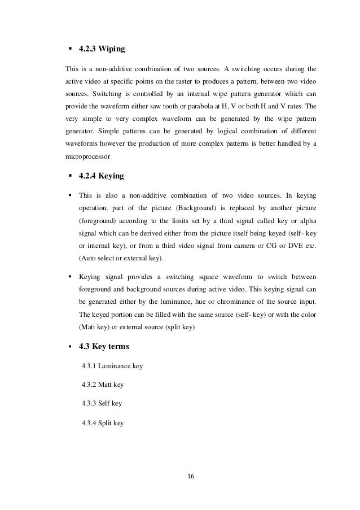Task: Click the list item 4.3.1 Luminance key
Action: click(x=112, y=367)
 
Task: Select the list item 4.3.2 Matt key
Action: click(x=103, y=385)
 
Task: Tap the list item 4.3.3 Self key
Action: click(x=102, y=404)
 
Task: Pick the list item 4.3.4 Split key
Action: click(x=103, y=422)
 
